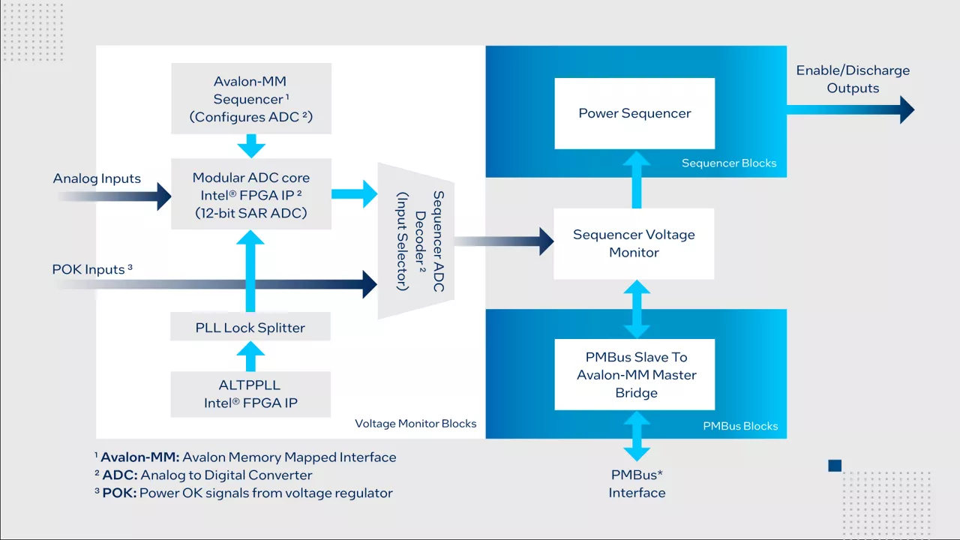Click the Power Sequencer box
(634, 113)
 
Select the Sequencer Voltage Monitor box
(634, 244)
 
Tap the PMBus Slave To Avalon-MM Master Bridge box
(636, 374)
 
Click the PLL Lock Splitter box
(250, 328)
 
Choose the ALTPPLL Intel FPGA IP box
(250, 394)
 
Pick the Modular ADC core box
(250, 194)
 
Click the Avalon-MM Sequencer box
(250, 98)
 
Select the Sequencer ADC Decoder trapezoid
(416, 240)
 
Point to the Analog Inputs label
(97, 178)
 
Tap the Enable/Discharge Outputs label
(853, 79)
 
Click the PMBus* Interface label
(637, 484)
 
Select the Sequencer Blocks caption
(728, 163)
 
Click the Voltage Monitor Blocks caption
(415, 424)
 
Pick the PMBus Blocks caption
(739, 426)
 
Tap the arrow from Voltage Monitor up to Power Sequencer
(636, 180)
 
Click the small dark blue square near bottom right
(835, 466)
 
